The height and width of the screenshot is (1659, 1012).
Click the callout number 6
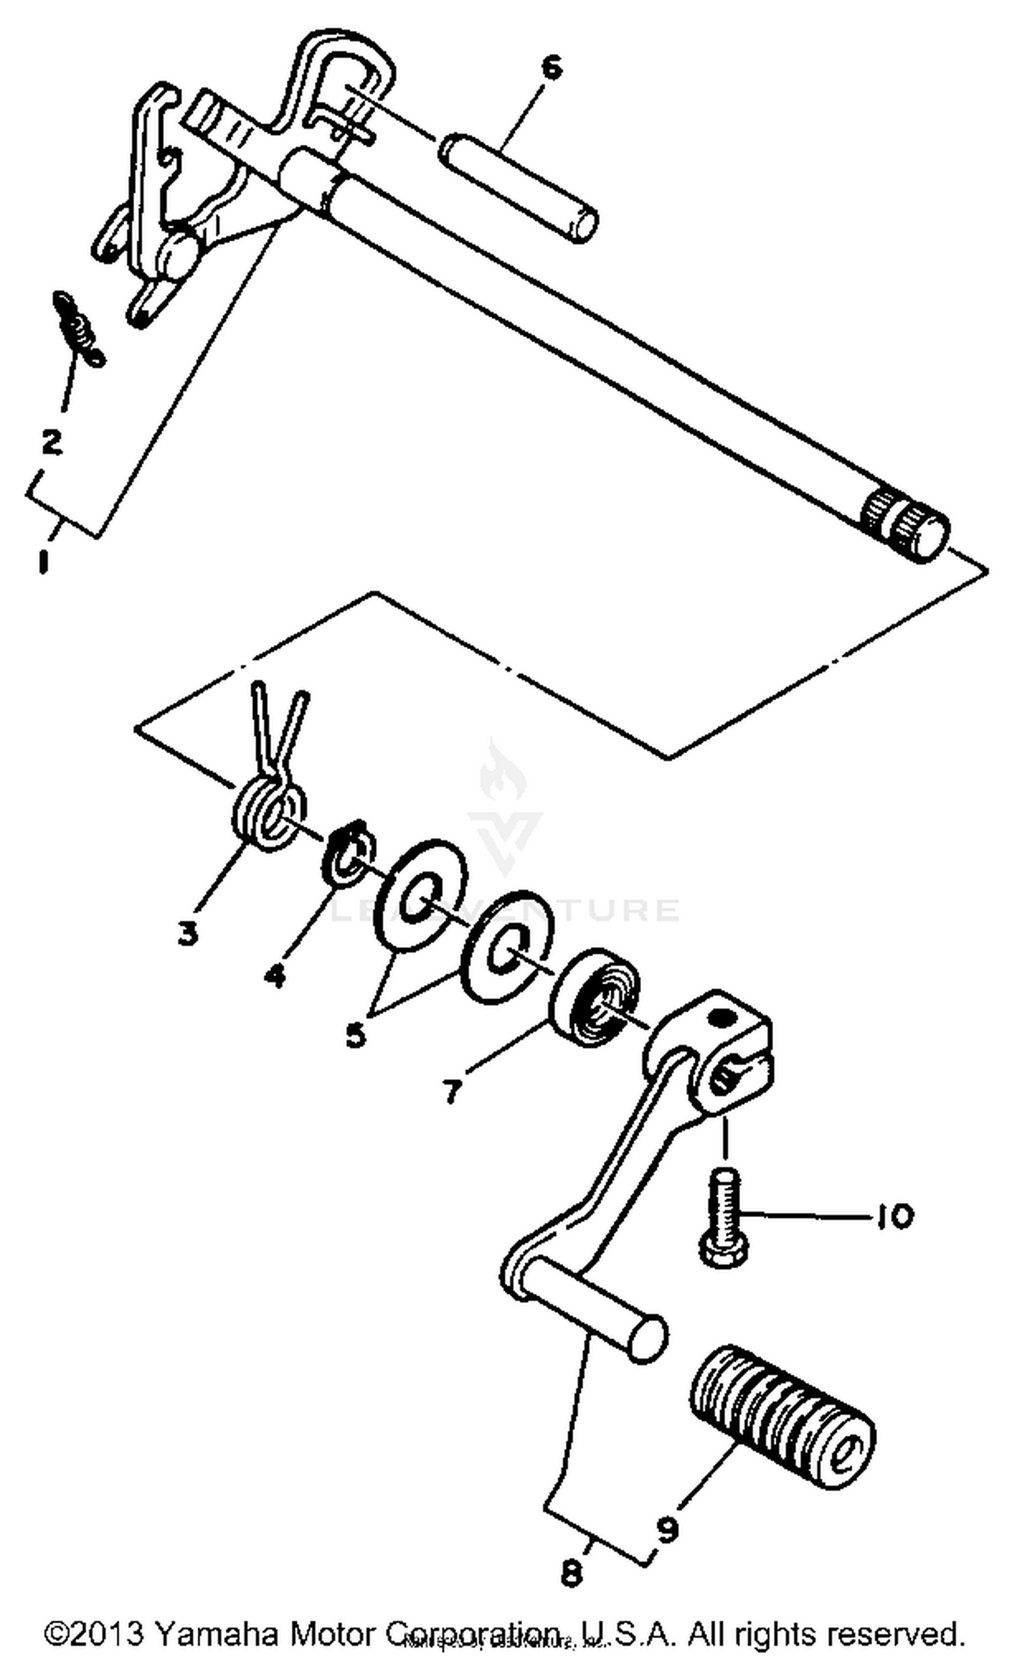pos(551,69)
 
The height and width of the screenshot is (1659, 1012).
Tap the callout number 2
pos(51,442)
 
